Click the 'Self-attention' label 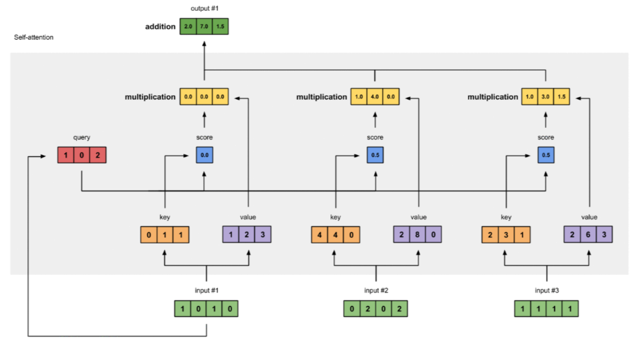[34, 37]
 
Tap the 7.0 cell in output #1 [204, 26]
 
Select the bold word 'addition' [160, 26]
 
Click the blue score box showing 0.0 [205, 155]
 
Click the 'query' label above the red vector [82, 137]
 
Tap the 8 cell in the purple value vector [417, 235]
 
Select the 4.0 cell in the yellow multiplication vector [375, 97]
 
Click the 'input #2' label [376, 291]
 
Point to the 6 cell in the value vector [588, 235]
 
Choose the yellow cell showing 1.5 [562, 97]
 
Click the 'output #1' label [204, 9]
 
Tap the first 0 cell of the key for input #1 [149, 235]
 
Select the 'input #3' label [546, 291]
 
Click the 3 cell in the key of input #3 [506, 235]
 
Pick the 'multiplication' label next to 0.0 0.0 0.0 [150, 97]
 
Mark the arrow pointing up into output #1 [204, 44]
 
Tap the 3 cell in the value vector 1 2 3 [263, 235]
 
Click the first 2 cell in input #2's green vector [368, 309]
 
